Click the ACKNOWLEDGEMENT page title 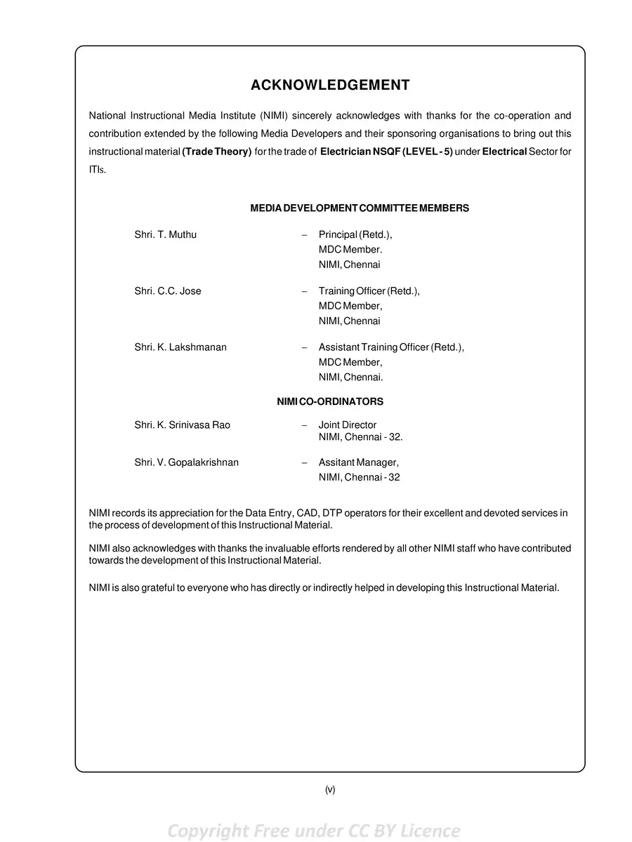coord(330,86)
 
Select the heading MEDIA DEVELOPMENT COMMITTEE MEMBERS coord(360,208)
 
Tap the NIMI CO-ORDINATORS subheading coord(330,402)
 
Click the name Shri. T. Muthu coord(166,235)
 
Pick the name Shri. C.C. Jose coord(168,291)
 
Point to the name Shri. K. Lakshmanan coord(180,347)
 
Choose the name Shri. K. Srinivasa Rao coord(183,425)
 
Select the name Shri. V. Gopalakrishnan coord(187,462)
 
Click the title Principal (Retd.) coord(355,235)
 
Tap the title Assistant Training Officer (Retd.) coord(391,347)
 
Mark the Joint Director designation coord(348,425)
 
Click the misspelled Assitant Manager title coord(359,462)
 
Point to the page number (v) coord(330,789)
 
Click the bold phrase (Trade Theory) coord(217,152)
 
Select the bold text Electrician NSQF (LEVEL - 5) coord(386,152)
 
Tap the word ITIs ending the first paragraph coord(97,171)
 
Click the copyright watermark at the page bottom coord(314,831)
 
